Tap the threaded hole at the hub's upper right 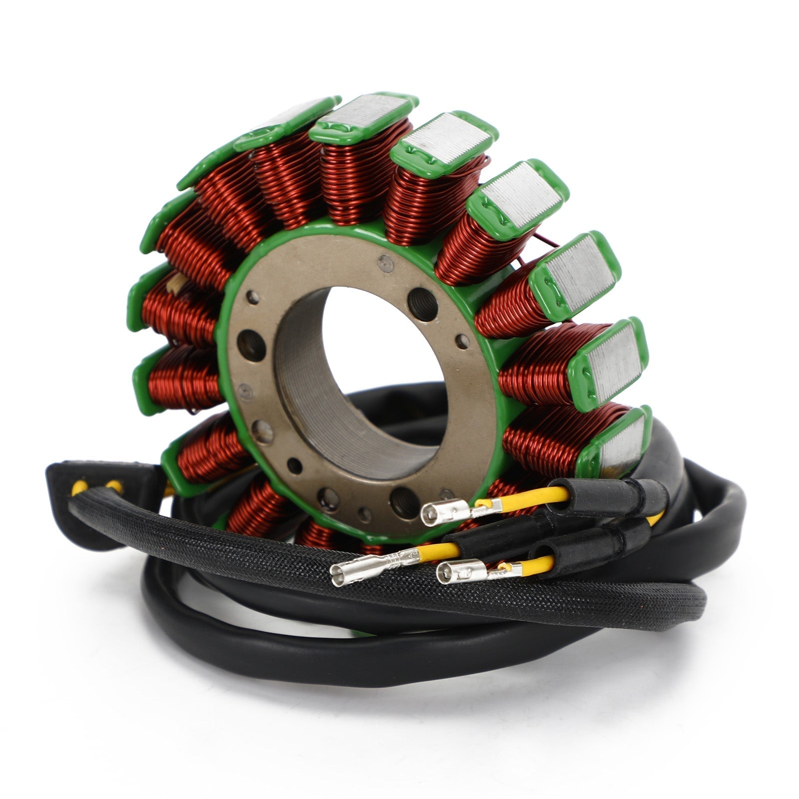tap(422, 304)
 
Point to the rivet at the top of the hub tap(385, 263)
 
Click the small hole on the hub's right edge tap(462, 342)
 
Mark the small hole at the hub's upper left tap(253, 298)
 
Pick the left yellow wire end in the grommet tap(80, 487)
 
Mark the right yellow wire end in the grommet tap(114, 485)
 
